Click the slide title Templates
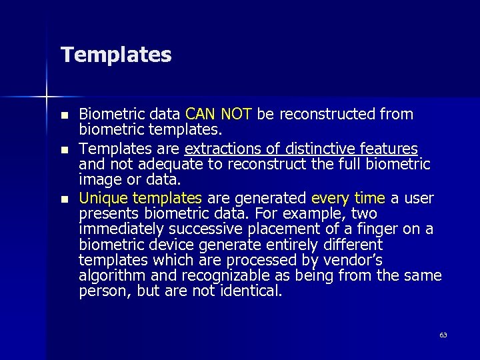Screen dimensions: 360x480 116,55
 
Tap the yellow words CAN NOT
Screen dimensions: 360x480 219,115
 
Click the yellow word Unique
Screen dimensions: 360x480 103,198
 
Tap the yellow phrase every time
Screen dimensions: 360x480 348,198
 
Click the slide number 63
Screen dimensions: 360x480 443,335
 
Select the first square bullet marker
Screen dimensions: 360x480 64,115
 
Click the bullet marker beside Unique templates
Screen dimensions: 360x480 64,199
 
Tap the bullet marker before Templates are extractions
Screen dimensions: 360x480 64,149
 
